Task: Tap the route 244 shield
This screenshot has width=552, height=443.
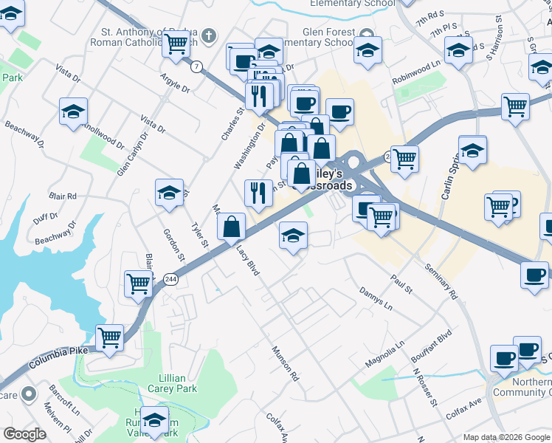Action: tap(170, 278)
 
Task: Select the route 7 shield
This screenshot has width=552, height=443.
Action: tap(196, 66)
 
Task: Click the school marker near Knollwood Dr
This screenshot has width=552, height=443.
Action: tap(74, 112)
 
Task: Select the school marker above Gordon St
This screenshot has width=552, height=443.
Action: tap(170, 193)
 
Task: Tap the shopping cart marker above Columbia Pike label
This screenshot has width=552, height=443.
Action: tap(109, 338)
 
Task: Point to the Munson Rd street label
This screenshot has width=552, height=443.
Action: tap(285, 363)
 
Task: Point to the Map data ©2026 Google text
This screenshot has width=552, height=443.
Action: tap(506, 437)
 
